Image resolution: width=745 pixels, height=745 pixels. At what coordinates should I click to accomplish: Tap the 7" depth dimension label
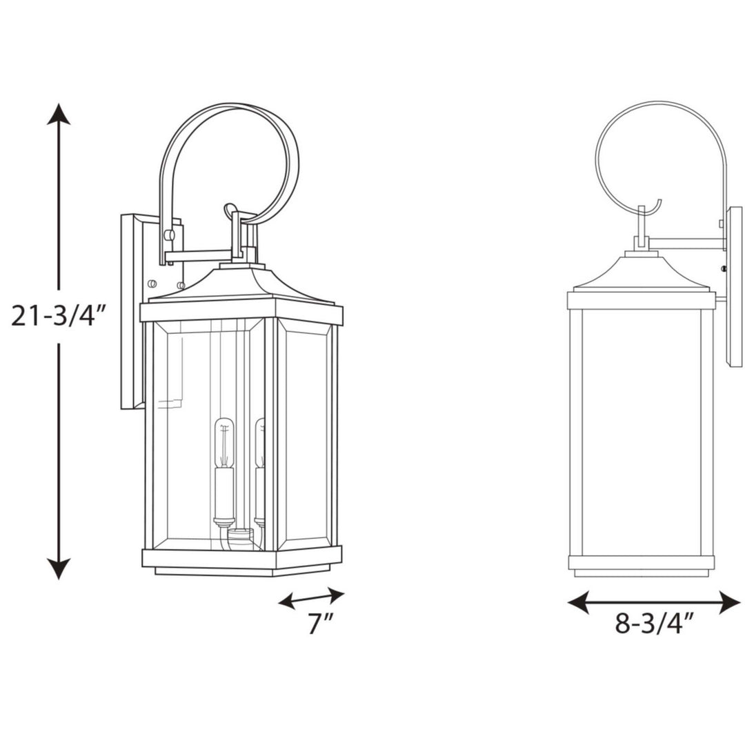tap(320, 624)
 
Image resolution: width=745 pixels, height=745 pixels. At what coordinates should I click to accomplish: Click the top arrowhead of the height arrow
tap(59, 114)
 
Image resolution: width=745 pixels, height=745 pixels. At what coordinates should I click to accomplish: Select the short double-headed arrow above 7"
tap(311, 597)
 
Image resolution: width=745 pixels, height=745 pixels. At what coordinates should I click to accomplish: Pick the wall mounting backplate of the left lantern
tap(133, 310)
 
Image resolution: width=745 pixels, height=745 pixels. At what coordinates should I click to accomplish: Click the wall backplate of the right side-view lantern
tap(734, 297)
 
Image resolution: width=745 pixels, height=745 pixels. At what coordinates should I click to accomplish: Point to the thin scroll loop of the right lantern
tap(659, 159)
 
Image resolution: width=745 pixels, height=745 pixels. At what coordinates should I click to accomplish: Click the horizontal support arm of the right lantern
tap(686, 244)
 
